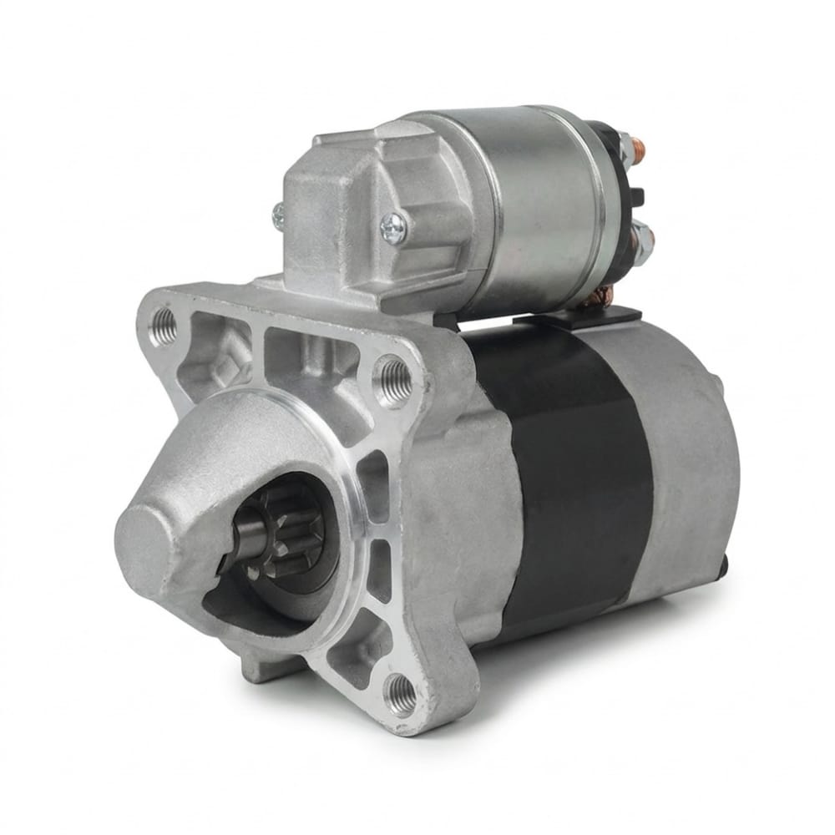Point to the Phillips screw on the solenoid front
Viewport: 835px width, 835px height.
pos(393,226)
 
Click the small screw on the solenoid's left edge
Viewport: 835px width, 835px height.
pos(278,216)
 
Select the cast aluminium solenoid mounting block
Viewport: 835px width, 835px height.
pos(351,217)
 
